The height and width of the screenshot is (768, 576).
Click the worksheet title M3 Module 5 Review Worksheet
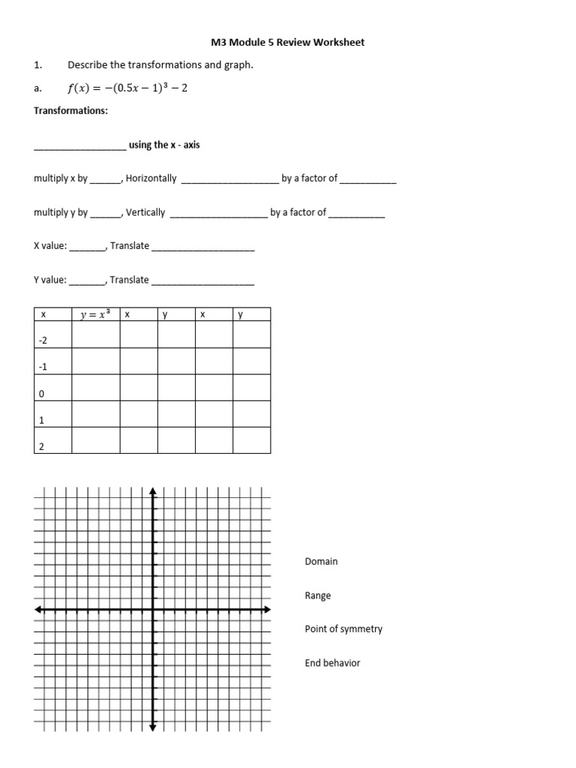coord(288,43)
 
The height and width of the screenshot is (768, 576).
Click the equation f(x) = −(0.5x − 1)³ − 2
coord(127,88)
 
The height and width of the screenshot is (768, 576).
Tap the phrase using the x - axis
coord(164,145)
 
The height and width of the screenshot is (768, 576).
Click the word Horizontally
coord(151,178)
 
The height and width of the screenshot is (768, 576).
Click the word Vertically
coord(145,212)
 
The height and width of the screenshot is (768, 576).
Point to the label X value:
coord(50,246)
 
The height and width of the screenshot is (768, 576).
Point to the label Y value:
coord(50,280)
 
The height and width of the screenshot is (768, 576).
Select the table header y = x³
coord(95,315)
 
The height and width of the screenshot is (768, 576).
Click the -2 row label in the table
coord(43,340)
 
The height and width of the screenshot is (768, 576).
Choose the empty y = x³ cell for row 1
coord(95,414)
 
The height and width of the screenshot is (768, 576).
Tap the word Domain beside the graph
coord(321,561)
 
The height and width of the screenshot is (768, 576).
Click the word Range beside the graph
coord(318,595)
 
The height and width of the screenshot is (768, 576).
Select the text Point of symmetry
coord(343,629)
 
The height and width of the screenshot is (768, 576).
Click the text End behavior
coord(332,663)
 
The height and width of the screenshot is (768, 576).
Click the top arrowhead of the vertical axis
coord(153,491)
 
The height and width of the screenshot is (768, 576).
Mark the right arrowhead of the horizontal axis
coord(268,610)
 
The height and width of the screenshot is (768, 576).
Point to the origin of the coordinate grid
coord(153,610)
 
